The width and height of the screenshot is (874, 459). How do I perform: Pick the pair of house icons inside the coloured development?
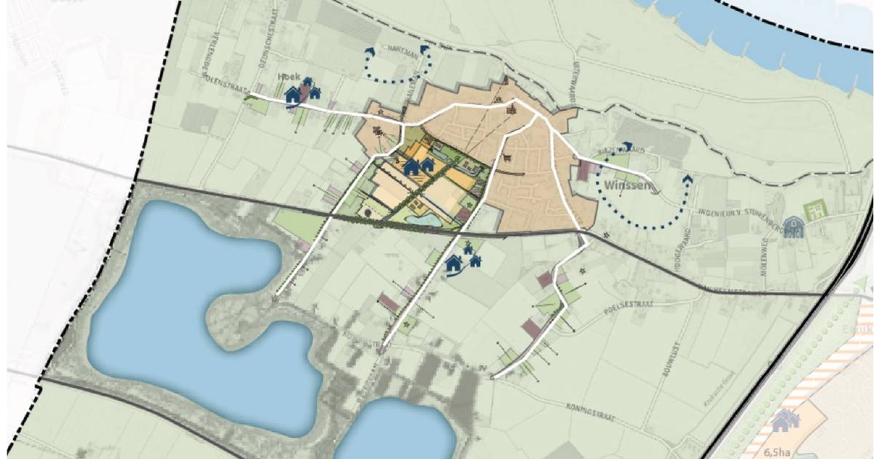(x=418, y=166)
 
